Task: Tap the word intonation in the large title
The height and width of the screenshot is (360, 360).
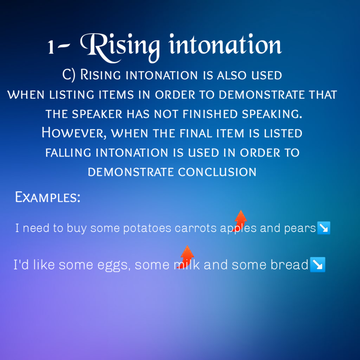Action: pyautogui.click(x=225, y=44)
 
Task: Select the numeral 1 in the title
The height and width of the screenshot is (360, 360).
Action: pyautogui.click(x=51, y=47)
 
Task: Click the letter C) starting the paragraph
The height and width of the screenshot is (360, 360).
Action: pyautogui.click(x=69, y=75)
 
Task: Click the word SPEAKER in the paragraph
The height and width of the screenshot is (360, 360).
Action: pyautogui.click(x=97, y=114)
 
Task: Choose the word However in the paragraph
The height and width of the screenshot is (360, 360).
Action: pyautogui.click(x=74, y=133)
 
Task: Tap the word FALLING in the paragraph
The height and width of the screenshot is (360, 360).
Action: pyautogui.click(x=68, y=153)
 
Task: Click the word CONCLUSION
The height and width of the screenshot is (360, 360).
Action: pyautogui.click(x=217, y=172)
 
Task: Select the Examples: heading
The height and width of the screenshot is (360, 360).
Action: pyautogui.click(x=48, y=197)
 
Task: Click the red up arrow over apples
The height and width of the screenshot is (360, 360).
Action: pyautogui.click(x=240, y=221)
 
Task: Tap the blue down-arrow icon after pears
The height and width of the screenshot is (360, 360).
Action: pyautogui.click(x=324, y=228)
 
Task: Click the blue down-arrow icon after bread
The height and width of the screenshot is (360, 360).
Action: pyautogui.click(x=318, y=264)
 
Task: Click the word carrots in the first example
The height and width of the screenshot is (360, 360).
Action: pyautogui.click(x=195, y=228)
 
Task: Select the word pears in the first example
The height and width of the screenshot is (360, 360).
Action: pyautogui.click(x=300, y=229)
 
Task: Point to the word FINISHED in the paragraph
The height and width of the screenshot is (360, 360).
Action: pyautogui.click(x=210, y=114)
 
